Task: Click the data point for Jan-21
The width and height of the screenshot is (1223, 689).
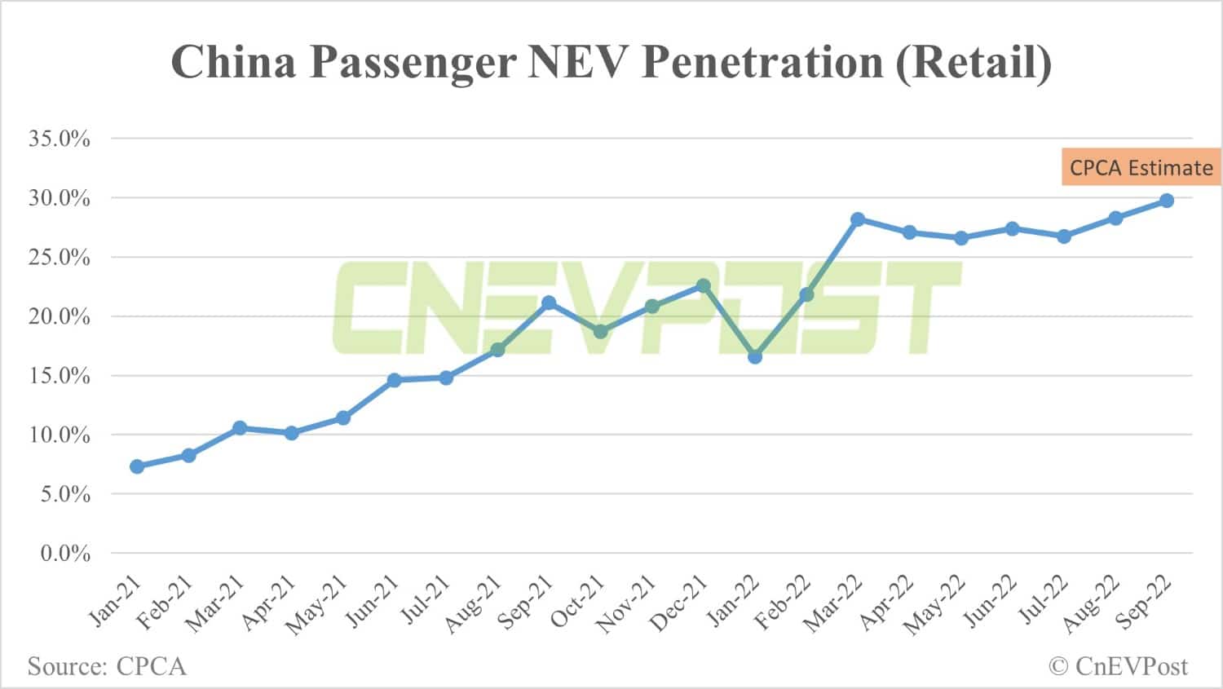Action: pyautogui.click(x=137, y=466)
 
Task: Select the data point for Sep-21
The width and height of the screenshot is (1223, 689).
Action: pyautogui.click(x=549, y=303)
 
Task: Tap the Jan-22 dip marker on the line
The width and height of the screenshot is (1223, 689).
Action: pyautogui.click(x=755, y=356)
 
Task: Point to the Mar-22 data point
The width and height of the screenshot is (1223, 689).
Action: pyautogui.click(x=858, y=219)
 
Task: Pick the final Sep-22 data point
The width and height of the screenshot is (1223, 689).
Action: pyautogui.click(x=1167, y=201)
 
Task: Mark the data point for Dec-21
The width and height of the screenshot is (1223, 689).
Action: pyautogui.click(x=704, y=286)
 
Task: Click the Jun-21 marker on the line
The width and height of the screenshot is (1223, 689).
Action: pyautogui.click(x=395, y=380)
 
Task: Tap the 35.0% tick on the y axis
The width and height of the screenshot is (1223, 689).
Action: pyautogui.click(x=60, y=139)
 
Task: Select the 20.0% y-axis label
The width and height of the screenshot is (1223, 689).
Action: pyautogui.click(x=60, y=316)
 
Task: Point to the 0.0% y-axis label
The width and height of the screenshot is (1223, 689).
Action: pyautogui.click(x=65, y=554)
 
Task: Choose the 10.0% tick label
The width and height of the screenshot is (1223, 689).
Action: pyautogui.click(x=60, y=435)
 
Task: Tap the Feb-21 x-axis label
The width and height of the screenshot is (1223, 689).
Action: pyautogui.click(x=166, y=604)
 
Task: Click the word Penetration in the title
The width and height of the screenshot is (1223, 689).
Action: pyautogui.click(x=762, y=61)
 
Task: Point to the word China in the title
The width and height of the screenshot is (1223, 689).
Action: pyautogui.click(x=233, y=61)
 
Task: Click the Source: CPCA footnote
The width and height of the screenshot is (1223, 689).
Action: pyautogui.click(x=107, y=666)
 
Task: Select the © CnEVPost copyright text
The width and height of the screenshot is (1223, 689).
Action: pyautogui.click(x=1119, y=666)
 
